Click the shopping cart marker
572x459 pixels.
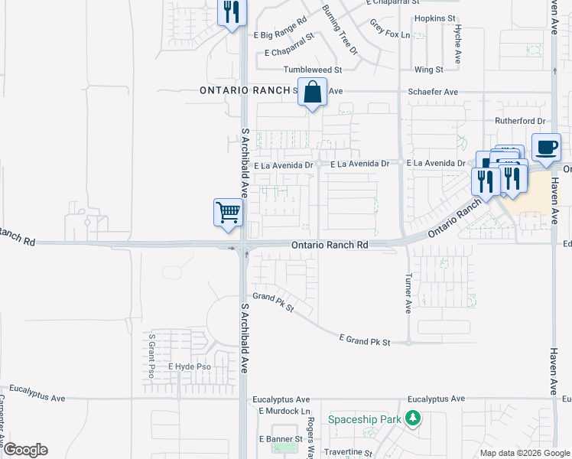[228, 212]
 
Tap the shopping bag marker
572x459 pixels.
[312, 93]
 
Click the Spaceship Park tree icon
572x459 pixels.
[413, 418]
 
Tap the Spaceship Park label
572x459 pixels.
[364, 419]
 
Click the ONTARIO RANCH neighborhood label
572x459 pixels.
[246, 90]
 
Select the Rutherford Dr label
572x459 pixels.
[518, 121]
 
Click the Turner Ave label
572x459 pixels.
[408, 294]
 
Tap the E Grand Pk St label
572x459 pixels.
[365, 341]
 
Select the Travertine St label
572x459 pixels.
[347, 453]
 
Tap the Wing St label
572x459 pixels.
[428, 70]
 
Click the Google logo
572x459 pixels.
[24, 450]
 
